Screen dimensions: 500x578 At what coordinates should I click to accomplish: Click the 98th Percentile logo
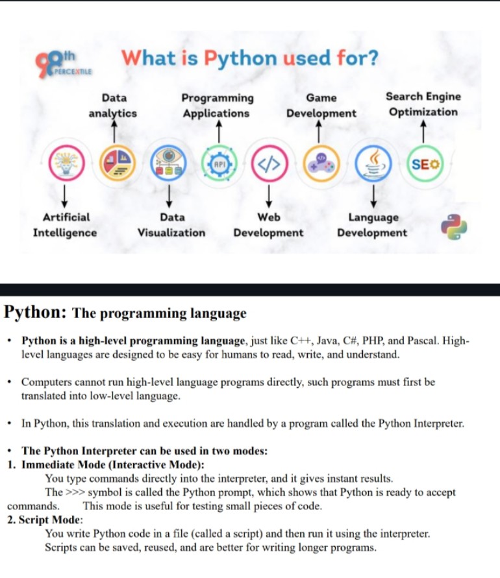coord(63,64)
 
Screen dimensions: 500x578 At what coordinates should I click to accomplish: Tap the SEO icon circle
coord(425,163)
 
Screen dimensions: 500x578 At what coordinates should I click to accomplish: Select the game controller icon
coord(321,163)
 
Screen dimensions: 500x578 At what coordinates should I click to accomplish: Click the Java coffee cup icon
coord(373,163)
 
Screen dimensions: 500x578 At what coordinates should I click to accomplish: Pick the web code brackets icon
coord(269,163)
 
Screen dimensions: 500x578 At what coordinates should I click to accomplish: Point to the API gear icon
coord(219,163)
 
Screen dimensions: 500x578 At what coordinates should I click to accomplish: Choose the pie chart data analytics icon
coord(118,163)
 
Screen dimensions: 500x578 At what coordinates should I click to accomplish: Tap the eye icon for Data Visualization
coord(168,163)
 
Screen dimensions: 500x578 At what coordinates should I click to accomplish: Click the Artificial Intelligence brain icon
coord(66,163)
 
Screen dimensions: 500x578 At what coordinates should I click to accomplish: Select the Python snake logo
coord(454,226)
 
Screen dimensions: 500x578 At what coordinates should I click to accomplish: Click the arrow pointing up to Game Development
coord(319,132)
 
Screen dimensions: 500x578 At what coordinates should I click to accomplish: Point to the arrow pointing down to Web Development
coord(269,196)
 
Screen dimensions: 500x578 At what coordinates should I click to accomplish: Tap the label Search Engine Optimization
coord(423,104)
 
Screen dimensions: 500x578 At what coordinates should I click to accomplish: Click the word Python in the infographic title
coord(240,58)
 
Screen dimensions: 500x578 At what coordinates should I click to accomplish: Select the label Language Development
coord(372,225)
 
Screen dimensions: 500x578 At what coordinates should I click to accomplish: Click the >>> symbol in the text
coord(75,492)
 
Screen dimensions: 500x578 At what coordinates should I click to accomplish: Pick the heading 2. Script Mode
coord(45,520)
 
